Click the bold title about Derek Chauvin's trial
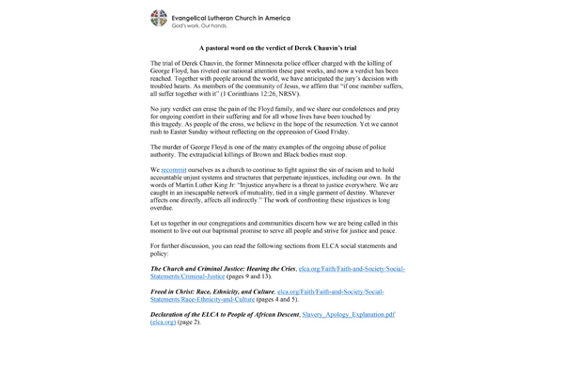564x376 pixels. click(x=281, y=46)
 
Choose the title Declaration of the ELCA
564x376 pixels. click(x=220, y=315)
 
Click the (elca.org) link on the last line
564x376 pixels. click(x=165, y=322)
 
